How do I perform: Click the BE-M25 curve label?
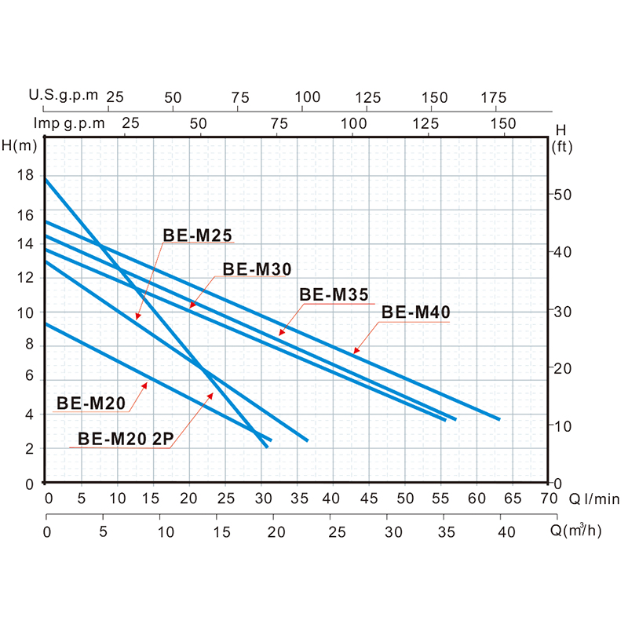198,235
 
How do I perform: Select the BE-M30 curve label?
257,269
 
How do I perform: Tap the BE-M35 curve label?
334,295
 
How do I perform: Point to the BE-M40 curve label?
415,312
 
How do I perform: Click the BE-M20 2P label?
124,439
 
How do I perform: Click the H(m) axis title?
20,144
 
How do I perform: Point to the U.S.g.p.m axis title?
64,96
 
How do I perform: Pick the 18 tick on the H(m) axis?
25,176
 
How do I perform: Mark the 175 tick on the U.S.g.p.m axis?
493,97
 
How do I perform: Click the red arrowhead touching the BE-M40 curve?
355,351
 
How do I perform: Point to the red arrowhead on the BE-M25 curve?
137,316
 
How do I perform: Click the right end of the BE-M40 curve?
498,419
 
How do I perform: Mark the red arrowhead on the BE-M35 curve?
282,333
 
